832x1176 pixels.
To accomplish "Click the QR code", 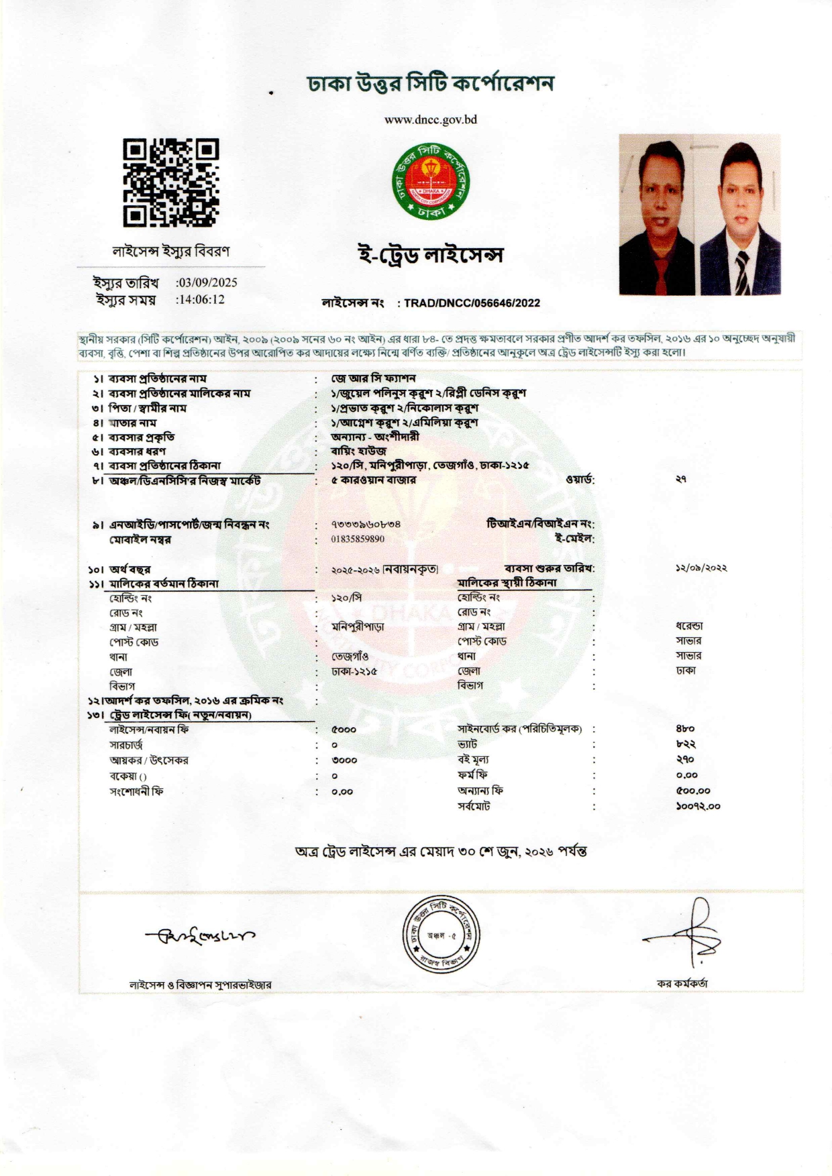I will pos(170,182).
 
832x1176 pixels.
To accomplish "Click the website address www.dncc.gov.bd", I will pos(430,120).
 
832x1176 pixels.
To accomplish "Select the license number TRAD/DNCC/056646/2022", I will pos(472,303).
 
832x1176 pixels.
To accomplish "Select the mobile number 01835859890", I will pos(358,539).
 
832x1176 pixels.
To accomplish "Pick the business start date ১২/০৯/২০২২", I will pos(701,568).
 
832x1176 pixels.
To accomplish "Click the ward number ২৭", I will pos(681,480).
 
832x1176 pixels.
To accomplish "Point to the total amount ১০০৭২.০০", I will pos(698,806).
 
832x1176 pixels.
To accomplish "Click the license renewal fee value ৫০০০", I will pos(344,729).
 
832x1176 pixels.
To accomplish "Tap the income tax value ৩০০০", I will pos(344,760).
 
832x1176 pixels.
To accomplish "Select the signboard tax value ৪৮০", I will pos(685,729).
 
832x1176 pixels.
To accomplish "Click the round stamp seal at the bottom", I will pos(441,934).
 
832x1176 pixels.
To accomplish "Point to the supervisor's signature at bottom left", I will pos(199,934).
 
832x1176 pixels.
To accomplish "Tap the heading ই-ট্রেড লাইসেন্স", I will pos(430,255).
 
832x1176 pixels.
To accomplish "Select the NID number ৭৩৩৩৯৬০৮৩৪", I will pos(366,524).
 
